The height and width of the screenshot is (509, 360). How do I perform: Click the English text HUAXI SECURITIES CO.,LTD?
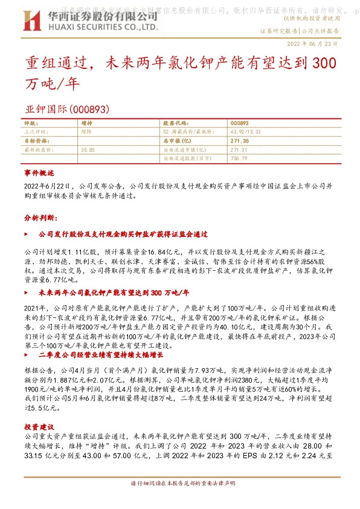point(102,28)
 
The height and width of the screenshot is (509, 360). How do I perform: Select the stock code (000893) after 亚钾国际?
point(89,109)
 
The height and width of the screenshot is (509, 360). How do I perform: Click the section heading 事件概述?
point(39,173)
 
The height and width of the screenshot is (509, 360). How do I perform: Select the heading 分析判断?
point(39,216)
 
